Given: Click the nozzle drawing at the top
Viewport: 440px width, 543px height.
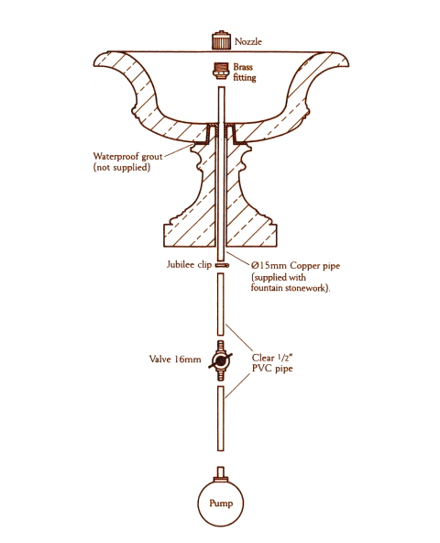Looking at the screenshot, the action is [x=221, y=40].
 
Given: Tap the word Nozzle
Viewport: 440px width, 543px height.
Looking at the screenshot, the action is [x=248, y=41].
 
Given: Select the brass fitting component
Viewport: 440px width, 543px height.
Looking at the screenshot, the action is [x=221, y=71].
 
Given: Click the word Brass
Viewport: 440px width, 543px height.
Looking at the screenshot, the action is [x=243, y=66].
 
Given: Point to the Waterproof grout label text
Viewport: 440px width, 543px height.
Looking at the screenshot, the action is [x=127, y=156].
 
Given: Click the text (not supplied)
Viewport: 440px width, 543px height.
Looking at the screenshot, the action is [x=122, y=167].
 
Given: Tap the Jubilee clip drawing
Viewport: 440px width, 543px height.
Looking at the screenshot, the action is [x=222, y=266].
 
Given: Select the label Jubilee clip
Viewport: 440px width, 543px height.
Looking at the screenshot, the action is [x=189, y=265].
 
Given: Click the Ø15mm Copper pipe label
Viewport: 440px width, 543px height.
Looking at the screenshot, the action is [x=295, y=266].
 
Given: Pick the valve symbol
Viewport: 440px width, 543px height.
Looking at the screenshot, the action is [x=220, y=360].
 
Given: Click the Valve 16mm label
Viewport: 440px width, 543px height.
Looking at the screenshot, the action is [x=175, y=360].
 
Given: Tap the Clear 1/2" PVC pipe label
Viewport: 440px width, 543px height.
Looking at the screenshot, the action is [x=272, y=363].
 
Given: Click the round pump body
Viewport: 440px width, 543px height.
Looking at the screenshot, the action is [x=221, y=503].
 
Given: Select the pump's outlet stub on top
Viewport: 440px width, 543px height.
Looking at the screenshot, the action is [x=221, y=472].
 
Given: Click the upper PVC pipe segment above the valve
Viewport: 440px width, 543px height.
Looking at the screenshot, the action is [x=221, y=304].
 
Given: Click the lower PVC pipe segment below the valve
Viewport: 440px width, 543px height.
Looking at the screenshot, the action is [x=221, y=418].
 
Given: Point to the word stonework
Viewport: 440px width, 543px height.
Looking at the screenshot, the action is [x=306, y=288].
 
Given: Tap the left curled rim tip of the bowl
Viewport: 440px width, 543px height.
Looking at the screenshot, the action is [x=94, y=64].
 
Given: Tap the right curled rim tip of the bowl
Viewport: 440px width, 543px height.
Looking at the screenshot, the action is [x=346, y=63].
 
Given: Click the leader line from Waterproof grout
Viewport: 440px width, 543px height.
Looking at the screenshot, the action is [x=179, y=150].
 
